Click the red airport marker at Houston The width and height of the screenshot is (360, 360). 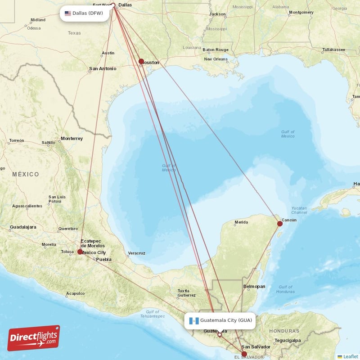pos(141,62)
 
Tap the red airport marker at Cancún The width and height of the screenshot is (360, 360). pos(280,224)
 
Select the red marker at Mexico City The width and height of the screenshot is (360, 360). pos(80,252)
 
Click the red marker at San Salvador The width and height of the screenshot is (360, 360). pos(244,354)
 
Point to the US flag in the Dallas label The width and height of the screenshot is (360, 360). pos(68,13)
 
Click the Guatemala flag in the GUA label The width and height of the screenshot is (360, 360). pos(194,321)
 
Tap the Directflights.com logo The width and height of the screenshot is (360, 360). pos(34,338)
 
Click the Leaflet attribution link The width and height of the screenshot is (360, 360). pos(351,356)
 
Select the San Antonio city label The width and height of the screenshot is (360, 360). pos(103,69)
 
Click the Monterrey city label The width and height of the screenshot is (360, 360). pos(72,139)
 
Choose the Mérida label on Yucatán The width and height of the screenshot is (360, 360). pos(241,222)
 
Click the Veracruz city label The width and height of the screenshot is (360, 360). pos(136,253)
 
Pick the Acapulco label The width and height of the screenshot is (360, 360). pos(75,293)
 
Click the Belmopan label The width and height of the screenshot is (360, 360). pos(254,286)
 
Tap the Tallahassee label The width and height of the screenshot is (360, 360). pos(335,49)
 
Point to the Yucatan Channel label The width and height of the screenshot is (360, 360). pos(299,210)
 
